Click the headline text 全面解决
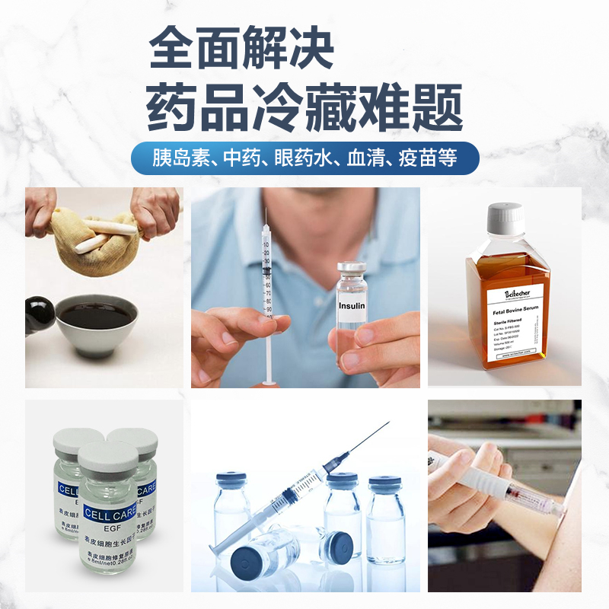(241, 49)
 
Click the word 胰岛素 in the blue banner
(177, 158)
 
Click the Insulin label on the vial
(352, 305)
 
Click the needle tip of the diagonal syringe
(388, 424)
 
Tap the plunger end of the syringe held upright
(267, 381)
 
